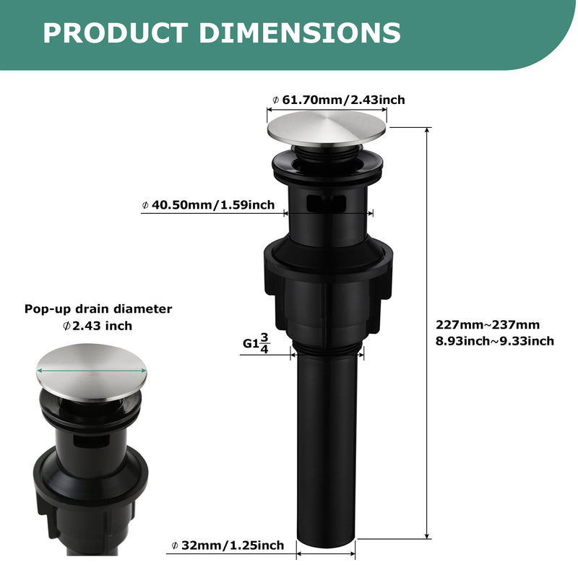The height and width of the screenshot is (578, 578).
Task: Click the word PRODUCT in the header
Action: pos(116,33)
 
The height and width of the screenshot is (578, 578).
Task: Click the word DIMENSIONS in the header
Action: pos(300,33)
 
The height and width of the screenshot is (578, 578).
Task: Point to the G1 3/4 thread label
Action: pos(256,344)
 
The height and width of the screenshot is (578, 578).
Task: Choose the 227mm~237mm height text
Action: pos(487,324)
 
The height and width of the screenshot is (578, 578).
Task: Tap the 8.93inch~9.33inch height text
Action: pos(495,341)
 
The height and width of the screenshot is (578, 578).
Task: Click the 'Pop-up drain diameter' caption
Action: pos(98,309)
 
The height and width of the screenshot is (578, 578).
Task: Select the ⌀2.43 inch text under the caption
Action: pos(98,326)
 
